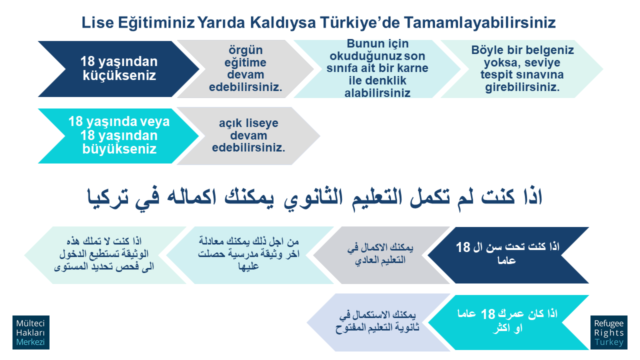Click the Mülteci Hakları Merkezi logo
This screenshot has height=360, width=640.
[x=31, y=332]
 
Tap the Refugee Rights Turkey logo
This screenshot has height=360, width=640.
[x=609, y=332]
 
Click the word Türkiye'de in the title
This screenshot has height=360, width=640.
[x=359, y=22]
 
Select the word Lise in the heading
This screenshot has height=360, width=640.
[x=97, y=22]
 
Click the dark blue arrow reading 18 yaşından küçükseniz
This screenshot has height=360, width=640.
[x=118, y=69]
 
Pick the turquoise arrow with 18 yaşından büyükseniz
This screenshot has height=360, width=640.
[x=118, y=135]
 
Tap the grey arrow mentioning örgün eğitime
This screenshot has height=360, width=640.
[x=245, y=69]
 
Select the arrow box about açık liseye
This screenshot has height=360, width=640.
[x=248, y=135]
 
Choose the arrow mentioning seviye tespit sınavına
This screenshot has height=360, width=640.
[x=521, y=69]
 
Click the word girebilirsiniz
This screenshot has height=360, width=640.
[x=522, y=87]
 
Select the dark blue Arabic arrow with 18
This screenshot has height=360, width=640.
[x=508, y=255]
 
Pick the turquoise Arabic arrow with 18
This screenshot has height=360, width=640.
[x=508, y=322]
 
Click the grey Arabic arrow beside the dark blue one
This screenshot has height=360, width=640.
[x=381, y=255]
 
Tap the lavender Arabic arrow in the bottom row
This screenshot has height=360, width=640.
[x=378, y=322]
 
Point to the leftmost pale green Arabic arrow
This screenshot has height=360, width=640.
[x=105, y=255]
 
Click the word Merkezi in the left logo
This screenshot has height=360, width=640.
[x=30, y=342]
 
